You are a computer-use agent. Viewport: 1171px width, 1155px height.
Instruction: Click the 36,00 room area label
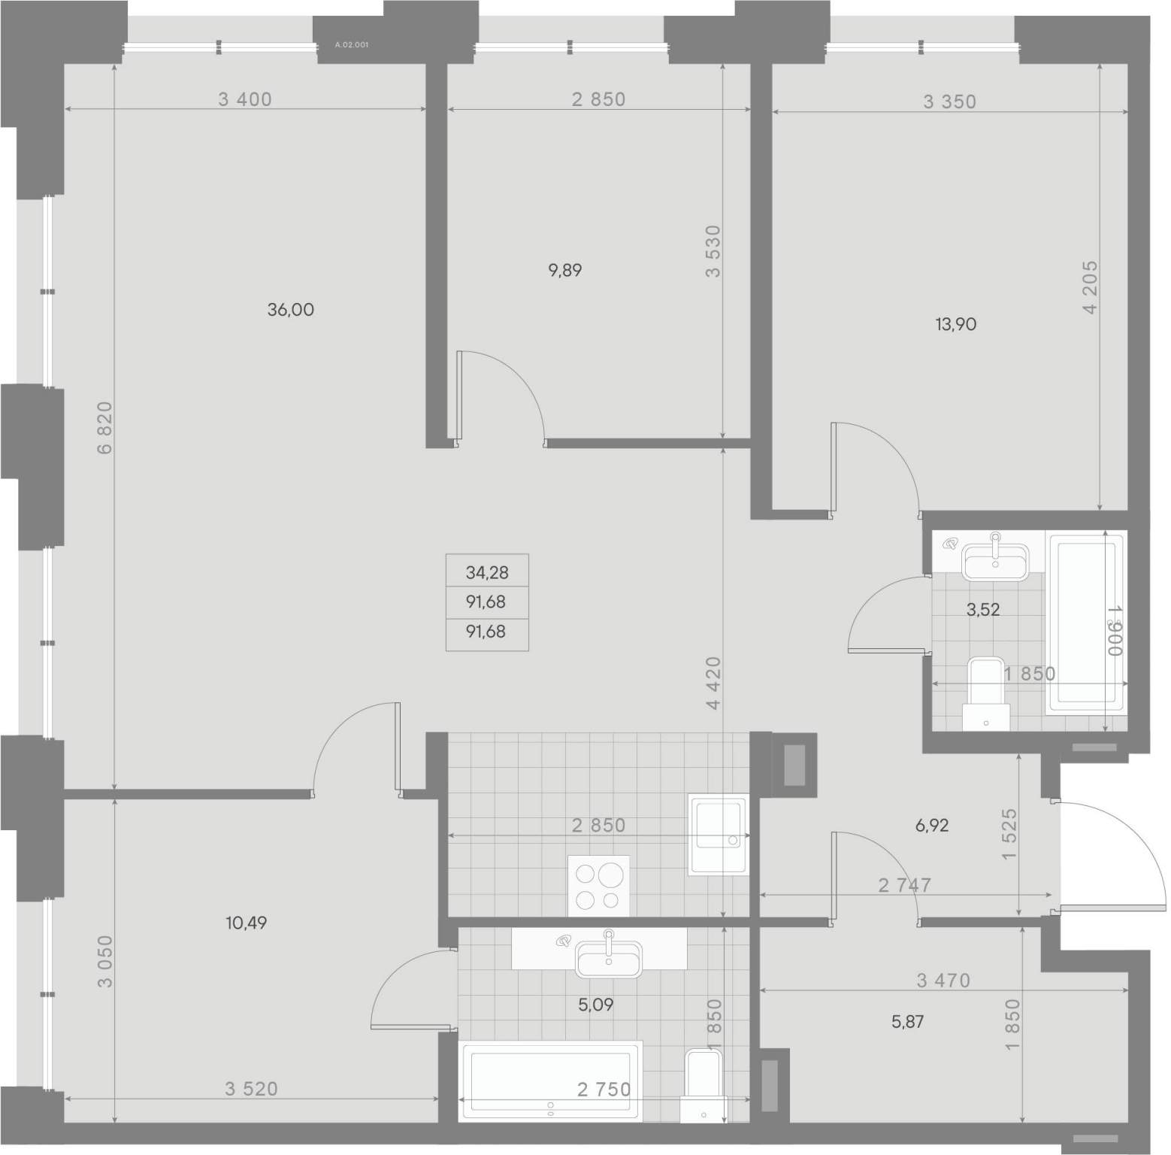pos(291,309)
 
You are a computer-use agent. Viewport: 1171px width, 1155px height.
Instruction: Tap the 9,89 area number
pos(565,270)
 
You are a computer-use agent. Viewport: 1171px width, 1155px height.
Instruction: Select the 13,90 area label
pos(956,324)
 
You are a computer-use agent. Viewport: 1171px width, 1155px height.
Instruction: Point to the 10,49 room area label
pos(247,923)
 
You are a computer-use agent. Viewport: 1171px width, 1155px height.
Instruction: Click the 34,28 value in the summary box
pos(487,572)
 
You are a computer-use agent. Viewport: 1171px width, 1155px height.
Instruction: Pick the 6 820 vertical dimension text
pos(104,428)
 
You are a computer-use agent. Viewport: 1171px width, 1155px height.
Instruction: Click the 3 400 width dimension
pos(245,99)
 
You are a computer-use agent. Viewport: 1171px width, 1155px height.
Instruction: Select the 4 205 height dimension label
pos(1091,287)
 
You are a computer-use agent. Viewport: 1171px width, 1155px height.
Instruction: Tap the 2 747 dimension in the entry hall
pos(905,885)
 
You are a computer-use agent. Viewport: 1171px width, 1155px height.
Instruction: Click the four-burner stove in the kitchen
pos(598,886)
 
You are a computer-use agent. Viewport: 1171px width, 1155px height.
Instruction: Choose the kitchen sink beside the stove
pos(718,835)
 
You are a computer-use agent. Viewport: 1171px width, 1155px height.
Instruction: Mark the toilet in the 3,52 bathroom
pos(985,693)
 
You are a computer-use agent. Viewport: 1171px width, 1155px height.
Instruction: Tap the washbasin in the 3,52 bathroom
pos(996,558)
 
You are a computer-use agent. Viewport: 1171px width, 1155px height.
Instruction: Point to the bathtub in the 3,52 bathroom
pos(1085,623)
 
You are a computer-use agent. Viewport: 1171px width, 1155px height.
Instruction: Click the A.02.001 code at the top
pos(352,45)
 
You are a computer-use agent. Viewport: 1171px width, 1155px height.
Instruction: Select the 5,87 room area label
pos(907,1022)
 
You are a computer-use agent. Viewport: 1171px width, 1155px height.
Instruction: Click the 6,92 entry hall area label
pos(932,826)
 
